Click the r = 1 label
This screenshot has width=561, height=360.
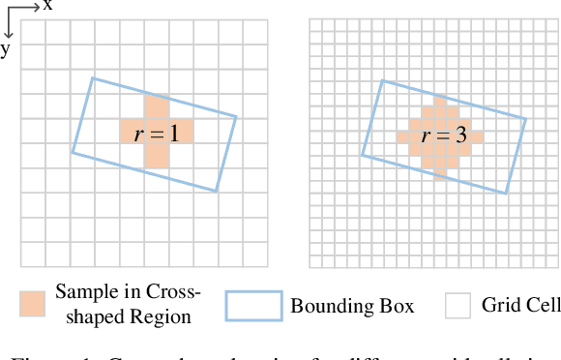point(156,134)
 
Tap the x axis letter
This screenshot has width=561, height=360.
point(47,6)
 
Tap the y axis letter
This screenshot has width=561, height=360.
point(5,48)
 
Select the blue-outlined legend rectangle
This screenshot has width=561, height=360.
point(253,306)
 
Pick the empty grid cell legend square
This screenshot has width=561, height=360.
point(457,306)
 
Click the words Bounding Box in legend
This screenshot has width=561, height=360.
point(352,307)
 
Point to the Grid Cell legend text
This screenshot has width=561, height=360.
point(520,306)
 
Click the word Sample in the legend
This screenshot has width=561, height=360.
point(82,291)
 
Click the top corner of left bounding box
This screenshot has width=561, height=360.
point(93,78)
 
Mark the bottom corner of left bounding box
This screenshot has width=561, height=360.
point(216,192)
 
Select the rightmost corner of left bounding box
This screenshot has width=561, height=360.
point(237,118)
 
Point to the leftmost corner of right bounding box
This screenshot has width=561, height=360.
point(362,154)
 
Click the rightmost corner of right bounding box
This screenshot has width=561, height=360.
point(527,119)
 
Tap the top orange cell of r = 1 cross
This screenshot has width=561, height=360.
point(156,106)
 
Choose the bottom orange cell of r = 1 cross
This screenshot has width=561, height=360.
point(156,156)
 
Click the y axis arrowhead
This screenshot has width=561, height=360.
point(7,35)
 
